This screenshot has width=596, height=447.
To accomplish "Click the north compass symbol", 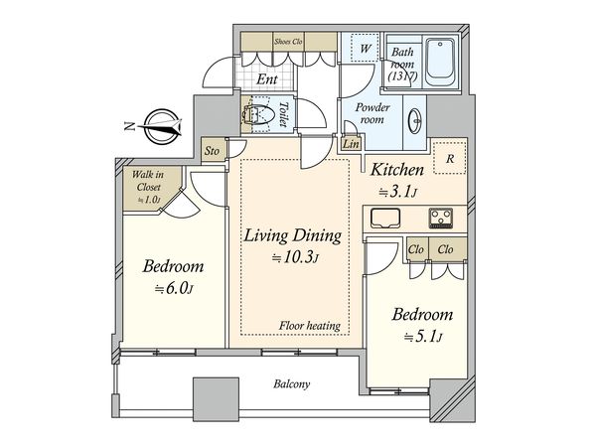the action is pyautogui.click(x=160, y=126).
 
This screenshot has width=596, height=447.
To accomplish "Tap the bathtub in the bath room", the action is pyautogui.click(x=439, y=63).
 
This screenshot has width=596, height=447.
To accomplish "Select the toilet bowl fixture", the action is pyautogui.click(x=256, y=114).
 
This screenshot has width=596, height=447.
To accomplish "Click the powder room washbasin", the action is pyautogui.click(x=414, y=121).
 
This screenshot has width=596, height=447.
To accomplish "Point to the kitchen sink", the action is pyautogui.click(x=385, y=219).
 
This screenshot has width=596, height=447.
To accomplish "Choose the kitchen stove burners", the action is pyautogui.click(x=441, y=219).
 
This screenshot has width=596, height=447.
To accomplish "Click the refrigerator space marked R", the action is pyautogui.click(x=450, y=158).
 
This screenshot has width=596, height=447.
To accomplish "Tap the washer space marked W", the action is pyautogui.click(x=366, y=48).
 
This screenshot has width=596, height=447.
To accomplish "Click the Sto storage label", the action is pyautogui.click(x=212, y=151).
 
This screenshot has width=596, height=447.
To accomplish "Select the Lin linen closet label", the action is pyautogui.click(x=351, y=144).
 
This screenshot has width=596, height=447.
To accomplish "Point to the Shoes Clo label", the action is pyautogui.click(x=288, y=41).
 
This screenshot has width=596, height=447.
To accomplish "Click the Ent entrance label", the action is pyautogui.click(x=267, y=79).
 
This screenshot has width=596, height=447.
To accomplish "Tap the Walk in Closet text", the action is pyautogui.click(x=149, y=181).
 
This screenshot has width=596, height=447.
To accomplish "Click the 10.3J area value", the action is pyautogui.click(x=295, y=258).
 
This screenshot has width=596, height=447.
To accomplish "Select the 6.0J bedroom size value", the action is pyautogui.click(x=174, y=289).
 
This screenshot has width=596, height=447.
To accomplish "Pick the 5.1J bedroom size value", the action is pyautogui.click(x=423, y=337).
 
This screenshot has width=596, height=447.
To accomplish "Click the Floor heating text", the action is pyautogui.click(x=310, y=326).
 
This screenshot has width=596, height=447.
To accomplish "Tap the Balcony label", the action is pyautogui.click(x=291, y=383).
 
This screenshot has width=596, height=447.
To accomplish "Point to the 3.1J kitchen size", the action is pyautogui.click(x=398, y=193).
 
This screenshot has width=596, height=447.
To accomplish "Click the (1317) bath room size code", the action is pyautogui.click(x=403, y=76).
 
